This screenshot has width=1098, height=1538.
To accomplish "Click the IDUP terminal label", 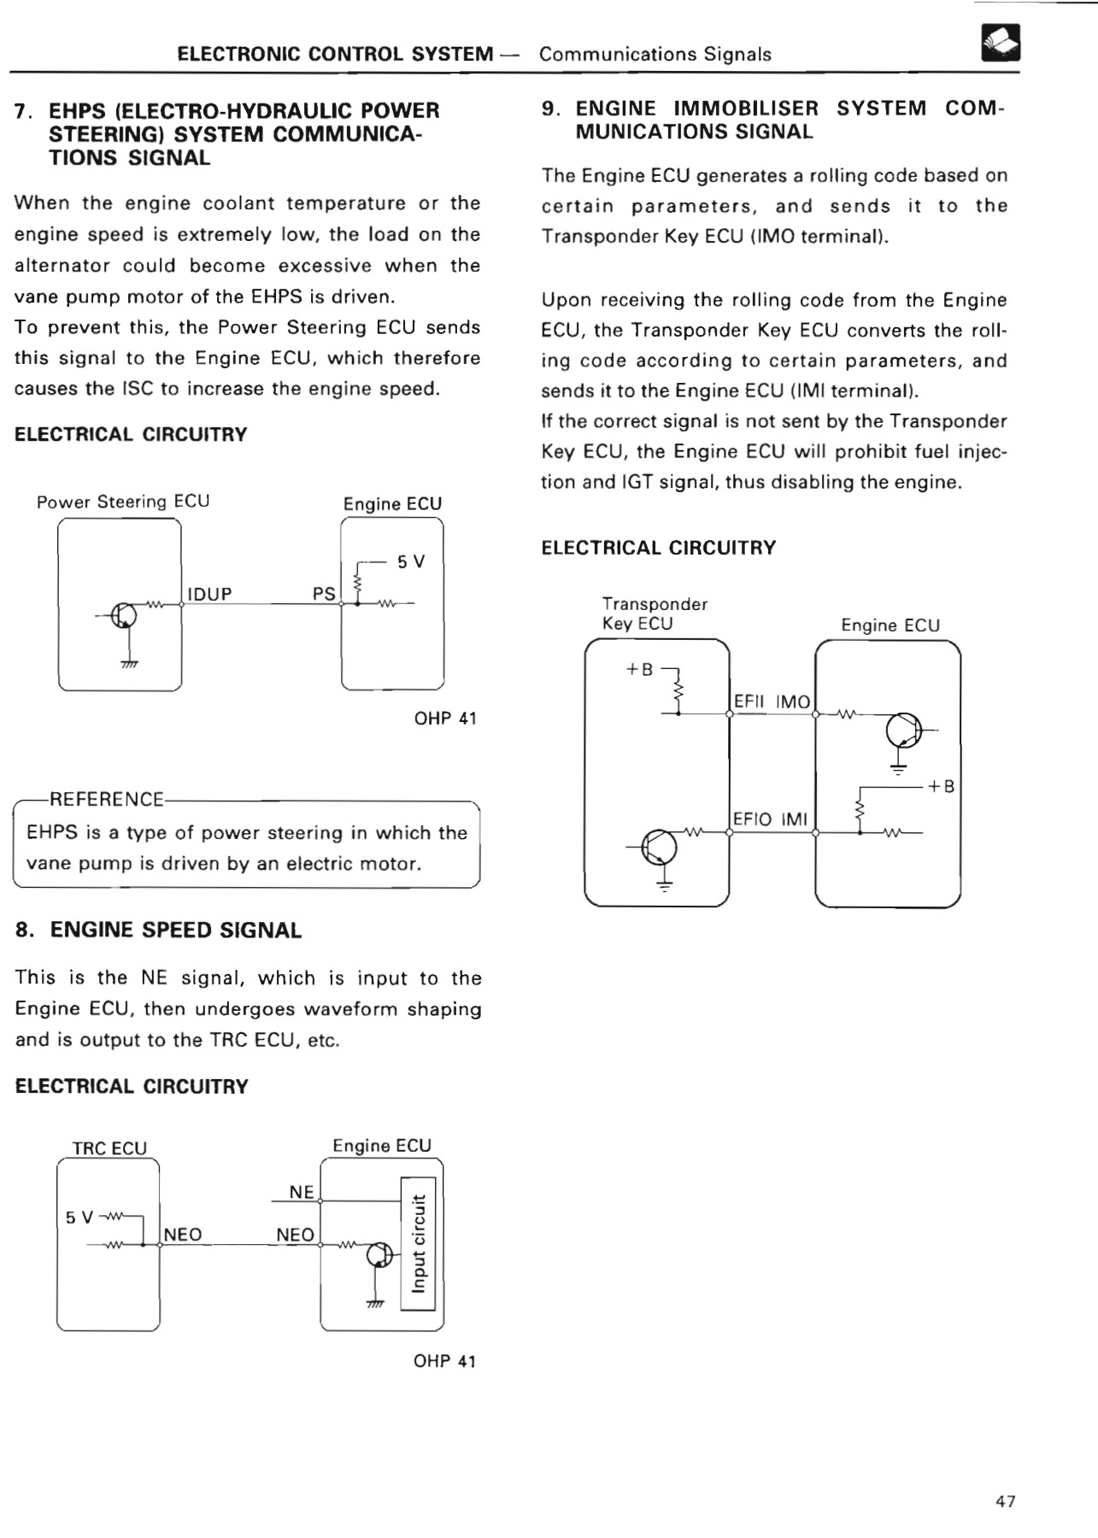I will tap(209, 594).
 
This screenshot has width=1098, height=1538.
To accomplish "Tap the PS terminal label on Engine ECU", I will tap(324, 594).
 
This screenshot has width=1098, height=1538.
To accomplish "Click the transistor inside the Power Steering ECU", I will tap(124, 616).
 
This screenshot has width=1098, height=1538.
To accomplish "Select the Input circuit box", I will tap(418, 1243).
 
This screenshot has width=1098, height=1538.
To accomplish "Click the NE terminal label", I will tap(302, 1192).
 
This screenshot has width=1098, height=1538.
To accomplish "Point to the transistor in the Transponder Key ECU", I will tap(661, 847).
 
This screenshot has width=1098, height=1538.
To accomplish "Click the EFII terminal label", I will tap(749, 702).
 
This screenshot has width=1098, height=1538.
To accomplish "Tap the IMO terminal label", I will tap(792, 702).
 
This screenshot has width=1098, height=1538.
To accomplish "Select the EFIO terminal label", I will tap(752, 819).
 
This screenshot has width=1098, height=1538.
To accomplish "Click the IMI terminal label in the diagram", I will tap(794, 819).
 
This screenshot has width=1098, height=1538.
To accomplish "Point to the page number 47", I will tap(1006, 1501).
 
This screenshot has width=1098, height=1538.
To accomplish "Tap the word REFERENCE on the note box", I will tap(107, 800).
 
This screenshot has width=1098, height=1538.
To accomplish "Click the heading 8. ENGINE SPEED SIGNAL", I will tap(159, 930).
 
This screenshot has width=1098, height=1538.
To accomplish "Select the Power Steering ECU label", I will tap(123, 502).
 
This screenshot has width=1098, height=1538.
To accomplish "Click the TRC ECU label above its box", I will tap(109, 1148).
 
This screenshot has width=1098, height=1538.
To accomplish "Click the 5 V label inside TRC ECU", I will tap(79, 1217).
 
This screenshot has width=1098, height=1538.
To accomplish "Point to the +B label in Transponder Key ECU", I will tap(639, 669).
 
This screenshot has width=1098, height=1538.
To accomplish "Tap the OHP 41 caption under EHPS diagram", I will tap(445, 719).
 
